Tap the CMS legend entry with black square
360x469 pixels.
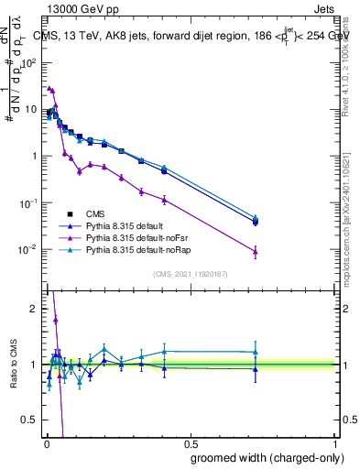click(x=83, y=212)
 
